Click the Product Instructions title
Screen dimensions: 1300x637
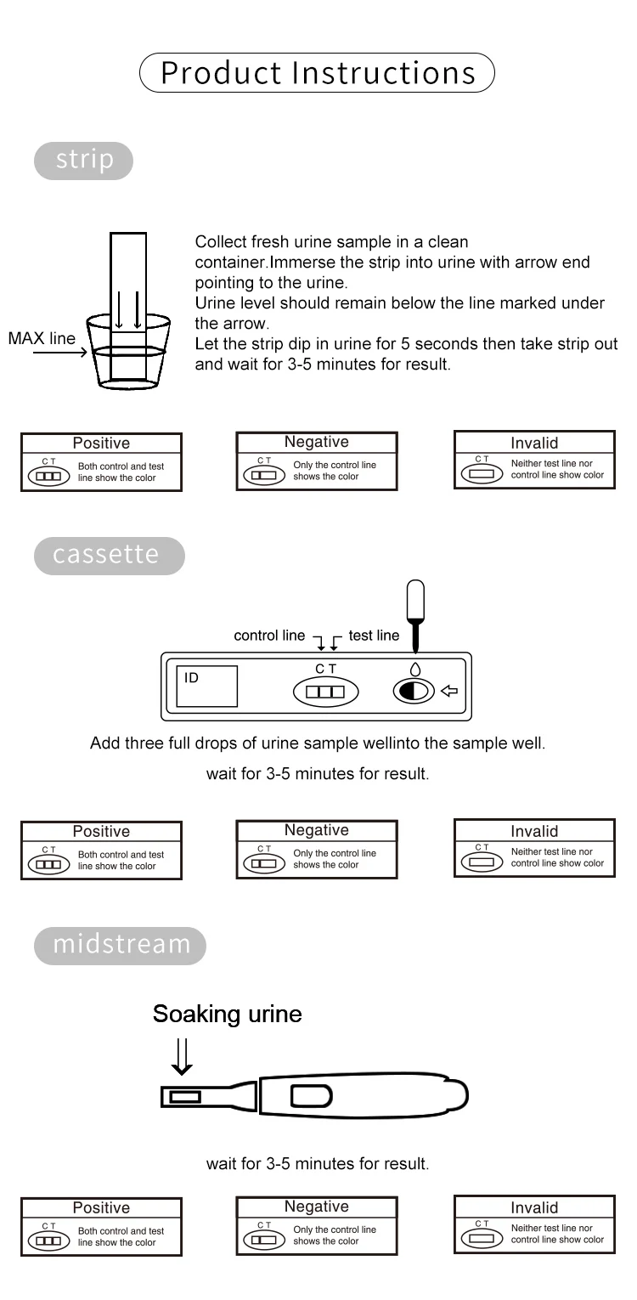tap(318, 72)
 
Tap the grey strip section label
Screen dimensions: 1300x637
tap(83, 161)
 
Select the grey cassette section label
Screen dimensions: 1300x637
tap(108, 555)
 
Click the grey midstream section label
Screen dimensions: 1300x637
tap(120, 945)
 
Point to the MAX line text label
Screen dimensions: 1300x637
tap(42, 338)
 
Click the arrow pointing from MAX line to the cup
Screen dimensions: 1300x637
tap(59, 352)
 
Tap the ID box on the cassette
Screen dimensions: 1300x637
tap(206, 687)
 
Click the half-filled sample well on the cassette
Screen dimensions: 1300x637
tap(414, 691)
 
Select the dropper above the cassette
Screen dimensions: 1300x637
tap(415, 610)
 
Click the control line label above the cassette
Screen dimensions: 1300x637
tap(269, 636)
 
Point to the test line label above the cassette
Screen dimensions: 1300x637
tap(374, 636)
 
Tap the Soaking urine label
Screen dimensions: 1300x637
tap(227, 1014)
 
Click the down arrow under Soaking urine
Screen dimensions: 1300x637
tap(181, 1056)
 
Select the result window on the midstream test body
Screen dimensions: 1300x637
tap(311, 1096)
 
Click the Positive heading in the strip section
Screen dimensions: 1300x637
tap(101, 443)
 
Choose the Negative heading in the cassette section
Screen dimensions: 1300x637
tap(316, 830)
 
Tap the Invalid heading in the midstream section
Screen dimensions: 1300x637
tap(534, 1207)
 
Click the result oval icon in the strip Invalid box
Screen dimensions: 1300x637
tap(482, 474)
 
